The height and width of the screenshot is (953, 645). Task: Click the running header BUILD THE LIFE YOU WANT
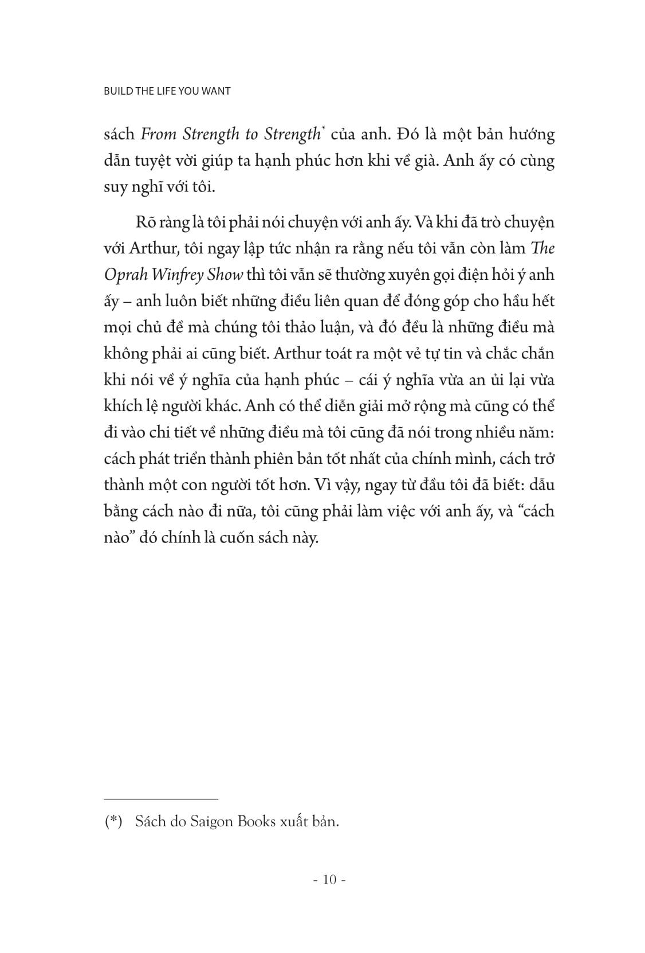pos(167,91)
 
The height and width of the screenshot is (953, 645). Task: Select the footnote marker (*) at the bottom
pos(113,822)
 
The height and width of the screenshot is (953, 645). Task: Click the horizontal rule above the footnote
pos(161,799)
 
